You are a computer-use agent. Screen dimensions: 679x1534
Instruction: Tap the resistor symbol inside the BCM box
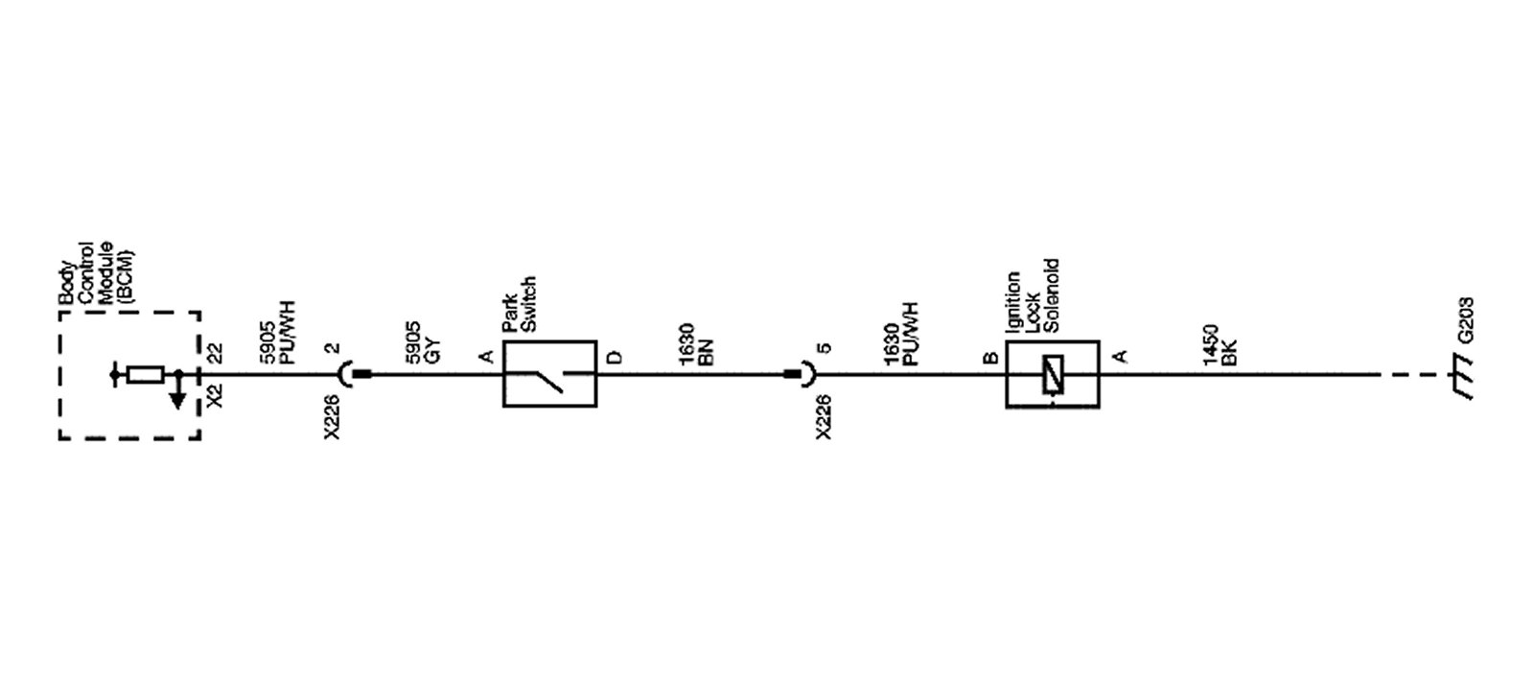(x=146, y=374)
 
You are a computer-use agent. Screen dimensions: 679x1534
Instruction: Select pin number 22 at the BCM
(x=216, y=353)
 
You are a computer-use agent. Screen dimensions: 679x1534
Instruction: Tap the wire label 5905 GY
(x=421, y=339)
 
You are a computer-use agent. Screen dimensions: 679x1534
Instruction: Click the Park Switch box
(x=549, y=374)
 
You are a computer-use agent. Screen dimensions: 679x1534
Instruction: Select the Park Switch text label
(x=519, y=304)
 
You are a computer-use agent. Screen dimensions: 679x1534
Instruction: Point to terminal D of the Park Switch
(x=615, y=358)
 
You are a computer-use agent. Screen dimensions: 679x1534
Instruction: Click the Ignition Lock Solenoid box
(x=1052, y=374)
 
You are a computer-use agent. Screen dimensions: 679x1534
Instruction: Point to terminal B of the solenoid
(x=990, y=358)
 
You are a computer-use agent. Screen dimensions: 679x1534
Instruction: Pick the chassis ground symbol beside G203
(x=1462, y=376)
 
